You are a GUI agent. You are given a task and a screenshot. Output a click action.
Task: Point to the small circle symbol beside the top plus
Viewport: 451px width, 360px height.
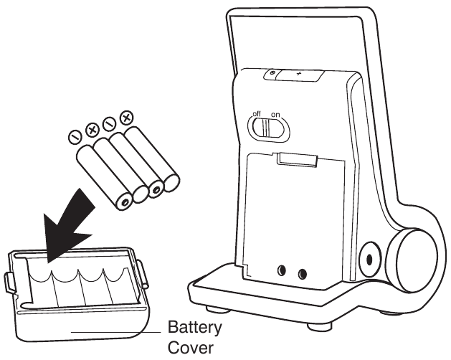(272, 72)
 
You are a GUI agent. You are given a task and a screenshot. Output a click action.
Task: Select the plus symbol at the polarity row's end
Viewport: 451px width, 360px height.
(126, 116)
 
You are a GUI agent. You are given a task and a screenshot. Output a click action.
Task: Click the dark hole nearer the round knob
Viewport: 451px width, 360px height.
(302, 274)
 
